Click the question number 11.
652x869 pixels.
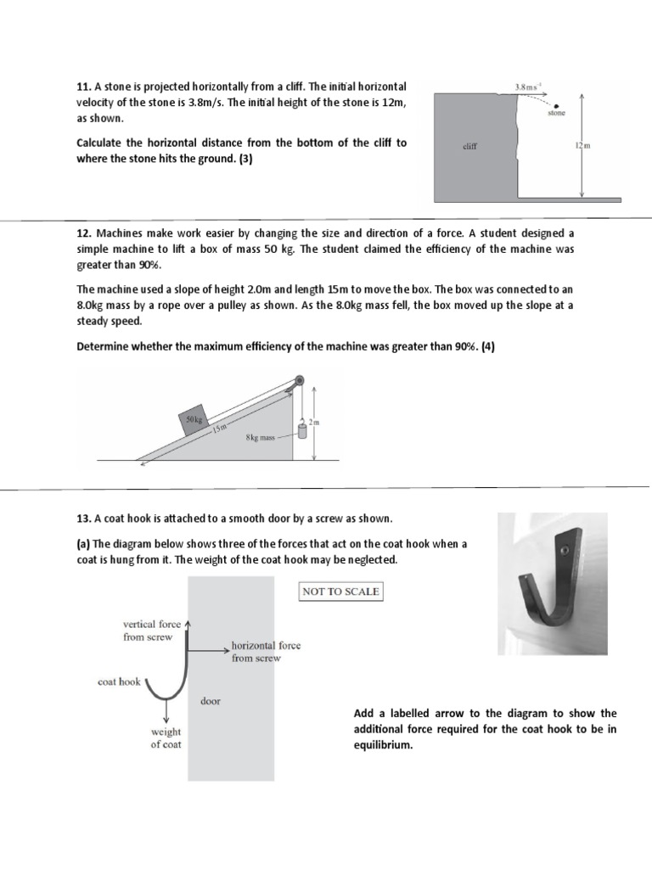click(x=84, y=87)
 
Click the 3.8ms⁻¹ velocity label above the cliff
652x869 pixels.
click(x=530, y=87)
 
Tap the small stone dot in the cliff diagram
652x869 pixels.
click(x=556, y=105)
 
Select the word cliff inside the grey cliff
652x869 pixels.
click(x=469, y=146)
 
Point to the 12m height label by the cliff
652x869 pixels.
click(x=581, y=146)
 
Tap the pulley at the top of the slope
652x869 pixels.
click(x=299, y=382)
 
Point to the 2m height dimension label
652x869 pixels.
click(x=322, y=421)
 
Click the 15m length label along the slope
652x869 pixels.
click(x=221, y=429)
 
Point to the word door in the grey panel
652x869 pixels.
click(x=211, y=701)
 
